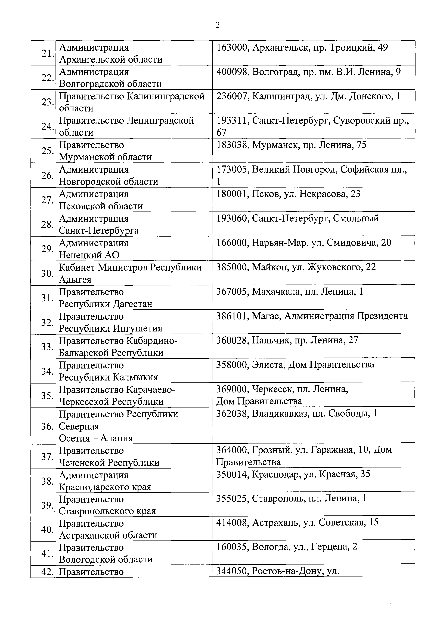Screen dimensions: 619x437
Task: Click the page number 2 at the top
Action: [218, 25]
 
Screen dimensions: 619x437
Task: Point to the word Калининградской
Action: [165, 96]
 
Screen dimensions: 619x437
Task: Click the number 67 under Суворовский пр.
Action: [222, 132]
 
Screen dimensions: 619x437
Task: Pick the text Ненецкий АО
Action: [89, 255]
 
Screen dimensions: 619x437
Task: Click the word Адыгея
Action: [75, 280]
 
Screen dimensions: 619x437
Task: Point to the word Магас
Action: [266, 316]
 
